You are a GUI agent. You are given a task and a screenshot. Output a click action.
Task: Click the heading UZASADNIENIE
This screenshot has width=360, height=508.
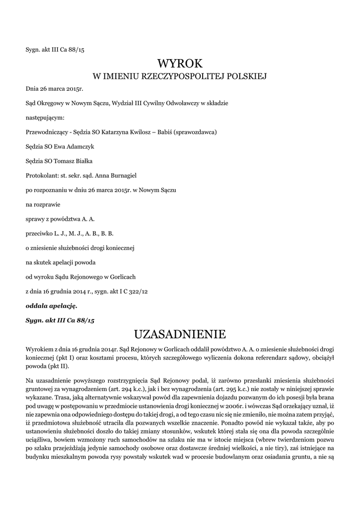point(180,332)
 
